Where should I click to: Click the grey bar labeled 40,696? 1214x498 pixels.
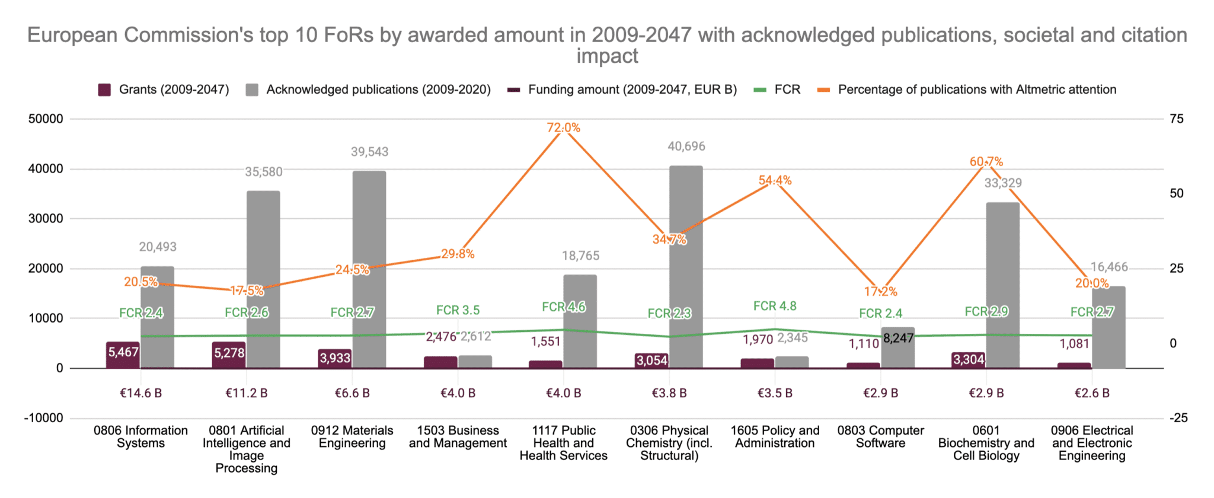686,267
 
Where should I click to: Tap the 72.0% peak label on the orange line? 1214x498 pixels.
563,127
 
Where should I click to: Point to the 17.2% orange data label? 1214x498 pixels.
880,292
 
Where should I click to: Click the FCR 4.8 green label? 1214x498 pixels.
775,306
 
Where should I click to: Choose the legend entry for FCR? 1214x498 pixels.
777,90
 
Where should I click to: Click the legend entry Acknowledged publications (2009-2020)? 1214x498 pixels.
369,90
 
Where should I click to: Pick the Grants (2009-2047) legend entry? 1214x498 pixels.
164,90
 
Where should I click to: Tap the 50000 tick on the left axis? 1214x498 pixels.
46,119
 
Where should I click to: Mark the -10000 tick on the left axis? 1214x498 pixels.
43,418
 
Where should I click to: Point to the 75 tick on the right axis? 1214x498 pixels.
1177,119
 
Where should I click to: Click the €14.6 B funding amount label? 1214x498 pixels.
140,393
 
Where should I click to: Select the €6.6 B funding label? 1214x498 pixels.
352,393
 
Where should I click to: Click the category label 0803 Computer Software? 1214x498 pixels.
880,437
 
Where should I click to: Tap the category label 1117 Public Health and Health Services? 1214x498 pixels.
563,443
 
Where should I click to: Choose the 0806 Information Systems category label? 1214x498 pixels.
140,437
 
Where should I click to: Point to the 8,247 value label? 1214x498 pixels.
898,339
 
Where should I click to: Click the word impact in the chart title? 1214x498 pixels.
607,56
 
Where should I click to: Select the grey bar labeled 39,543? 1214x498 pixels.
369,270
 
